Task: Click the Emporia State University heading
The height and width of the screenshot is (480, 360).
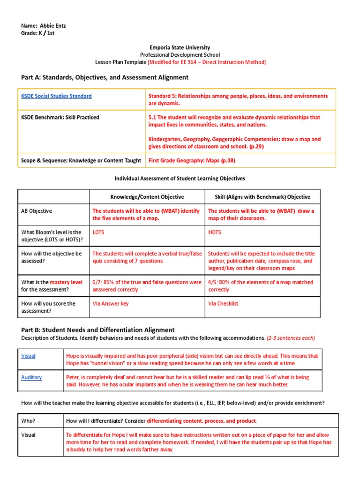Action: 180,47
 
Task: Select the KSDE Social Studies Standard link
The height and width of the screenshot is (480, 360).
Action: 56,96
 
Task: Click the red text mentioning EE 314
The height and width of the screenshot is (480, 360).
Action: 207,62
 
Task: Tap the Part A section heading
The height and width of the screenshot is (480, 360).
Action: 105,77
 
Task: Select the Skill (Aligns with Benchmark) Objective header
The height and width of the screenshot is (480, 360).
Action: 262,197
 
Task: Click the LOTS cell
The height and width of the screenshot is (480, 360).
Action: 98,232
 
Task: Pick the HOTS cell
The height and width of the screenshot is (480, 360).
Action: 215,232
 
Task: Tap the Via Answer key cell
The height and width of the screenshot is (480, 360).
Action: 111,304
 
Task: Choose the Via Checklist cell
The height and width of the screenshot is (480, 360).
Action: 223,304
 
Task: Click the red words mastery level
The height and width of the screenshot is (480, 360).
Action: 66,282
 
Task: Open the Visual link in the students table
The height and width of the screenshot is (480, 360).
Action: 28,356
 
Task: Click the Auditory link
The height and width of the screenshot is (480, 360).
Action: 31,377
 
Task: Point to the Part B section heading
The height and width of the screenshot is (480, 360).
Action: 98,330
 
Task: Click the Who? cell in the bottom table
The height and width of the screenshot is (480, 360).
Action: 28,421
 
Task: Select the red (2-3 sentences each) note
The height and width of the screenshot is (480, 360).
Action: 291,338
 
